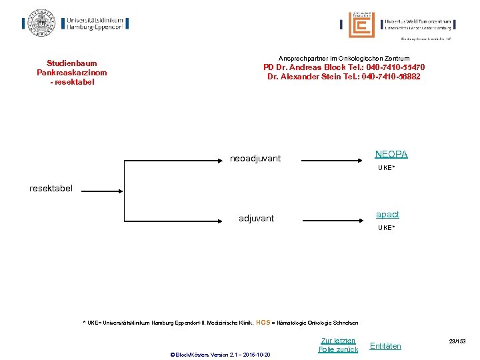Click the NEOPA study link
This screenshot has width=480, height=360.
(391, 155)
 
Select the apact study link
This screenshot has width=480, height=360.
(387, 215)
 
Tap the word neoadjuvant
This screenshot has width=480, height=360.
(255, 159)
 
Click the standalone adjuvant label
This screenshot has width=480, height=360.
(256, 219)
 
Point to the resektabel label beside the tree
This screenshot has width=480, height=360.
(51, 189)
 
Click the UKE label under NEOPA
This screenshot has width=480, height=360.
(386, 168)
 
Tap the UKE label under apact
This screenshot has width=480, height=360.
(386, 228)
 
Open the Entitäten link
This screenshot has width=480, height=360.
(385, 345)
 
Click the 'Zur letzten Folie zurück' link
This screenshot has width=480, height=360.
(338, 345)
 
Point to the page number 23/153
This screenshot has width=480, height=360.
(457, 341)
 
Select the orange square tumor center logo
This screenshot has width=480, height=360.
(361, 25)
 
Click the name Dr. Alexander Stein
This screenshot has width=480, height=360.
(301, 77)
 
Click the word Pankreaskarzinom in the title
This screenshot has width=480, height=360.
(71, 73)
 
